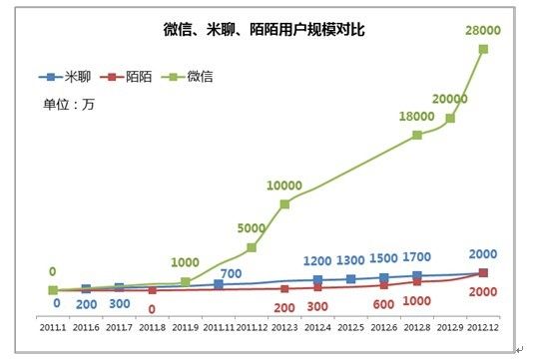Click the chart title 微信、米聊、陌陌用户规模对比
tap(264, 31)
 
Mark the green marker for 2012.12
tap(484, 49)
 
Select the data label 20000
tap(453, 99)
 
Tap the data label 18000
tap(416, 117)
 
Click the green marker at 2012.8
tap(417, 135)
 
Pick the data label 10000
tap(285, 185)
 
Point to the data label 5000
tap(252, 228)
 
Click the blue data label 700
tap(232, 273)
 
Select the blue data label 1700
tap(416, 257)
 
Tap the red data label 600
tap(383, 304)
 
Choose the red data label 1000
tap(416, 300)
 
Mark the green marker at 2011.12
tap(252, 247)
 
